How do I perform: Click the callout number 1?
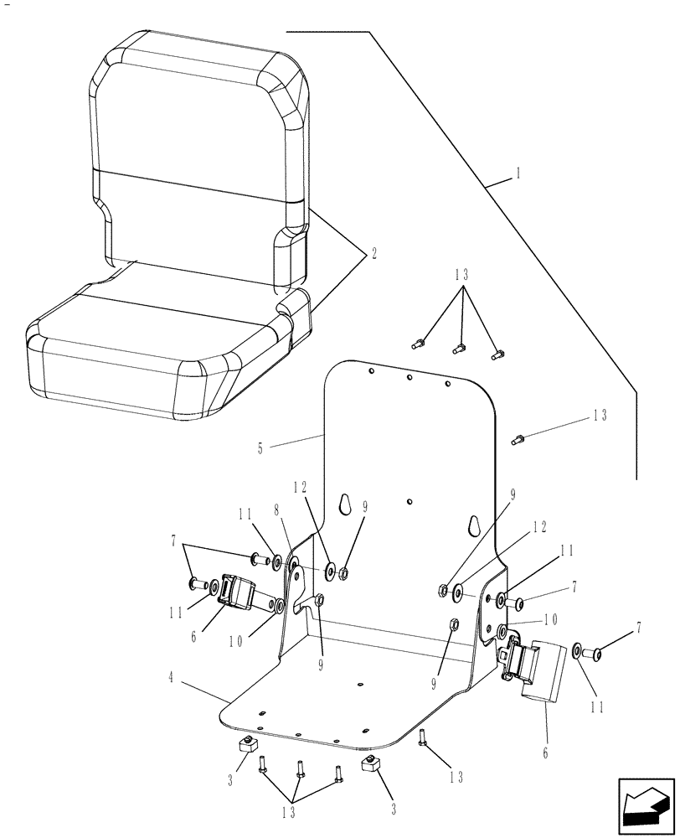[x=518, y=173]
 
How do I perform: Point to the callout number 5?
[x=260, y=448]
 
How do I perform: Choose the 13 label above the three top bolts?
[x=462, y=275]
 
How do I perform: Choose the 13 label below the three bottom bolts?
[x=289, y=811]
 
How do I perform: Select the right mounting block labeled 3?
[x=371, y=763]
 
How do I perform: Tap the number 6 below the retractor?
[x=545, y=753]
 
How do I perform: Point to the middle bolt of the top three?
[x=457, y=346]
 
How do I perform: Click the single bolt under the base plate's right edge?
[x=424, y=737]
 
